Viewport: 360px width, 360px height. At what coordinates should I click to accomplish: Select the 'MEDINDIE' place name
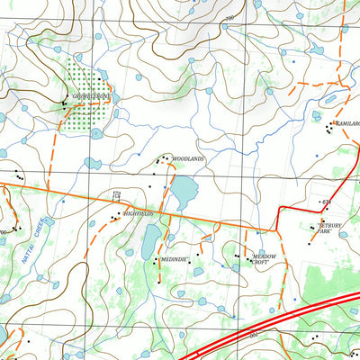[174, 259]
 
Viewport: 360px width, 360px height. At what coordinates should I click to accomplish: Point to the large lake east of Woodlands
[185, 191]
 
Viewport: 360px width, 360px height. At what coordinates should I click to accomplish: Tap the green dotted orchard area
[90, 99]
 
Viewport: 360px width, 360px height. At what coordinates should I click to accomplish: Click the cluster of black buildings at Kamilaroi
[330, 128]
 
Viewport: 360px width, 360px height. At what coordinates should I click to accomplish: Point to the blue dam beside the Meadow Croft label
[260, 251]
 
